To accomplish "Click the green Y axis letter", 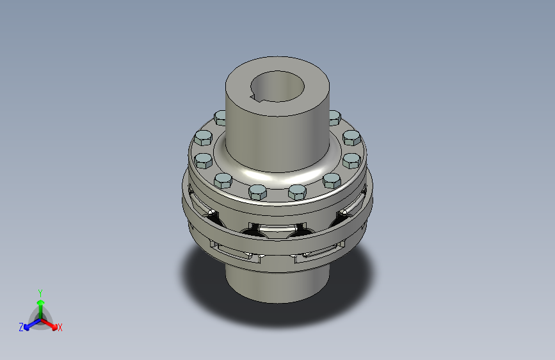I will (40, 291).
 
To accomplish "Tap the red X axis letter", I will (60, 327).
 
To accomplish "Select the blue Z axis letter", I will (21, 327).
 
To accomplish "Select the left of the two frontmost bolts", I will (257, 191).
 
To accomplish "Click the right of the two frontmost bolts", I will (298, 191).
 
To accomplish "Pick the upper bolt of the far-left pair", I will (203, 138).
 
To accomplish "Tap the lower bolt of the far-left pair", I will (202, 159).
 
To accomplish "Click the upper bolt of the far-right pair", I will (351, 138).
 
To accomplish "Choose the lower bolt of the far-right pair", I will (352, 159).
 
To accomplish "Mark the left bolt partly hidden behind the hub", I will (220, 117).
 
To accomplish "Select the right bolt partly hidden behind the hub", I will (334, 117).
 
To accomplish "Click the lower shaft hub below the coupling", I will (277, 282).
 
